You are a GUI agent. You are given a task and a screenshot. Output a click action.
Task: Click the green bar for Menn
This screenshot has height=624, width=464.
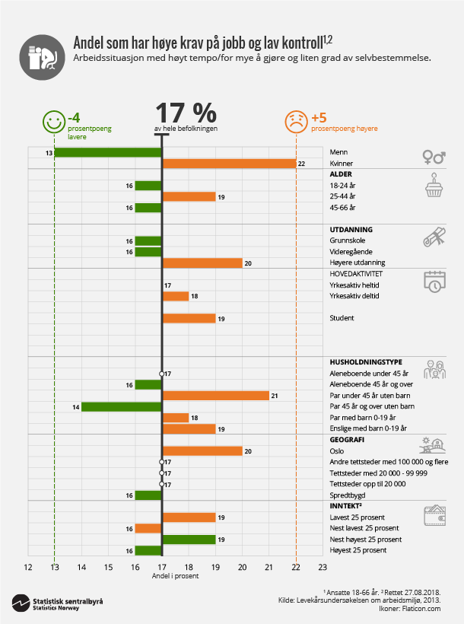(107, 153)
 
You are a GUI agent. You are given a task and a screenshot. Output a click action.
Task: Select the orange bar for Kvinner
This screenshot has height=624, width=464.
(229, 164)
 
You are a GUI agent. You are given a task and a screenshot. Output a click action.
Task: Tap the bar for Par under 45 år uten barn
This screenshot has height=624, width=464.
(215, 395)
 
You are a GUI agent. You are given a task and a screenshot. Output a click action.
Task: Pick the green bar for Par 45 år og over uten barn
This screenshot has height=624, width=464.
(121, 406)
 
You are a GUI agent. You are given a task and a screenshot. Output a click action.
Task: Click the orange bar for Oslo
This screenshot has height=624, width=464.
(202, 450)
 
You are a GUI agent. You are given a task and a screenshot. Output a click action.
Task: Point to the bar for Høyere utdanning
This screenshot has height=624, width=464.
(202, 263)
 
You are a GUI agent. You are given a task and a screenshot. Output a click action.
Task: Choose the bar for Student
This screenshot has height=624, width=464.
(189, 318)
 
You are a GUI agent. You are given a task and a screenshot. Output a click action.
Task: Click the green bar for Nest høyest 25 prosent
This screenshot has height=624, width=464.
(189, 540)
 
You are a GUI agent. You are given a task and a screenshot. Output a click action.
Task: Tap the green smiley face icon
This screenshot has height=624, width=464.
(52, 122)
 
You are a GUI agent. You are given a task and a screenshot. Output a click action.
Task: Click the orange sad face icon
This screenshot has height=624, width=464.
(295, 122)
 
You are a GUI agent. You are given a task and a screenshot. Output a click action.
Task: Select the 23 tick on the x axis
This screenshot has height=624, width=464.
(323, 566)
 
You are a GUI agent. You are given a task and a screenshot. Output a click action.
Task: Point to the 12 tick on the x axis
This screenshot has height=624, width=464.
(27, 566)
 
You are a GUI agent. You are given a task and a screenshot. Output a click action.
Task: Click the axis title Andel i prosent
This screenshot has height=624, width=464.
(174, 576)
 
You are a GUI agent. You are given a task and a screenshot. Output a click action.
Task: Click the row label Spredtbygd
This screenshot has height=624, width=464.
(346, 495)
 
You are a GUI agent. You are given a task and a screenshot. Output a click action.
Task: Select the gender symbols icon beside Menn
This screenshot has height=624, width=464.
(434, 157)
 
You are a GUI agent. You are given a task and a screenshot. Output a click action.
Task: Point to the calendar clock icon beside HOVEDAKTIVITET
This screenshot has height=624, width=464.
(434, 282)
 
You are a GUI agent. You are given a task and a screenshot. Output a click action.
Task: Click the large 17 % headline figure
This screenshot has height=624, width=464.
(186, 113)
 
